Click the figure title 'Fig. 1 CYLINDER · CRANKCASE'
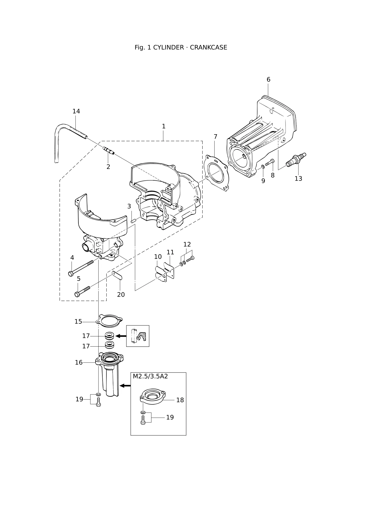point(181,47)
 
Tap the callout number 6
point(268,80)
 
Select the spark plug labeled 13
point(296,160)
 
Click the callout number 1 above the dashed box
point(164,126)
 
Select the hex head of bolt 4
point(71,274)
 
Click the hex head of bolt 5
point(77,294)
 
